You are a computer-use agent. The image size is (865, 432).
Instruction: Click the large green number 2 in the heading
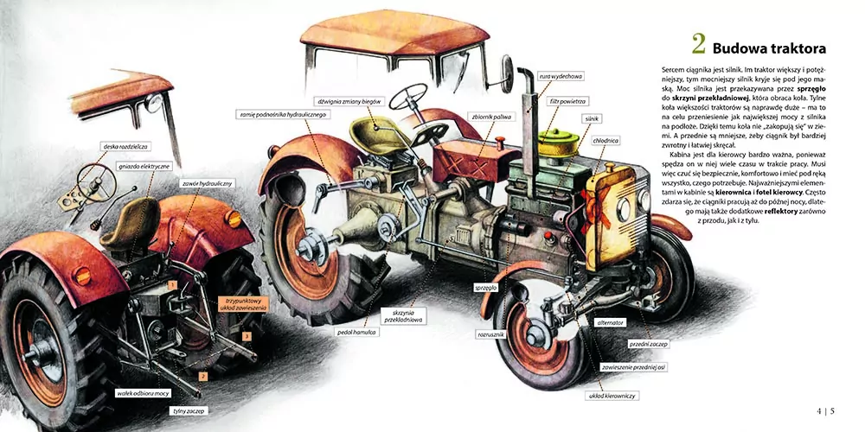coord(698,45)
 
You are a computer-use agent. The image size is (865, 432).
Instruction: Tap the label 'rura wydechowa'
coord(558,75)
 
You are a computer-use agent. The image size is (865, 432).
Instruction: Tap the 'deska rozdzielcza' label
coord(122,146)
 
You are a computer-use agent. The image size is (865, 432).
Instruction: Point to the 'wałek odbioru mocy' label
coord(143,393)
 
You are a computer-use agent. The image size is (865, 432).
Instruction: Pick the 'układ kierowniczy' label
coord(612,395)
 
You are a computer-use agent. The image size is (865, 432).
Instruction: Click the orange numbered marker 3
coord(247,335)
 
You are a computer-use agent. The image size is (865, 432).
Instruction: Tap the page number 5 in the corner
coord(832,410)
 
